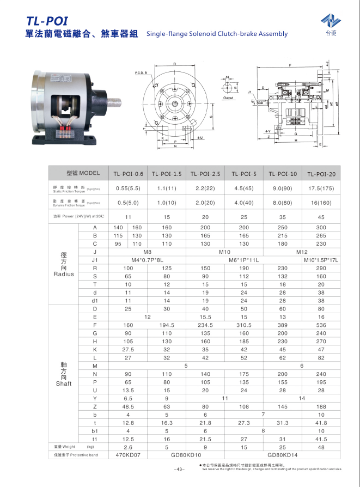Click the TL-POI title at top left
pyautogui.click(x=47, y=21)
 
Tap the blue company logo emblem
pyautogui.click(x=330, y=20)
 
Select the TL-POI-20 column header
pyautogui.click(x=321, y=174)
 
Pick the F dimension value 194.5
pyautogui.click(x=167, y=325)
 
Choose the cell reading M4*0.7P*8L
pyautogui.click(x=147, y=260)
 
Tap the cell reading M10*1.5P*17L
pyautogui.click(x=321, y=260)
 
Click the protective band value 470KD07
pyautogui.click(x=128, y=454)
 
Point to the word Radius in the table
pyautogui.click(x=63, y=274)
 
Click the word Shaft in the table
pyautogui.click(x=63, y=383)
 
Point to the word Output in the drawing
pyautogui.click(x=228, y=98)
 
